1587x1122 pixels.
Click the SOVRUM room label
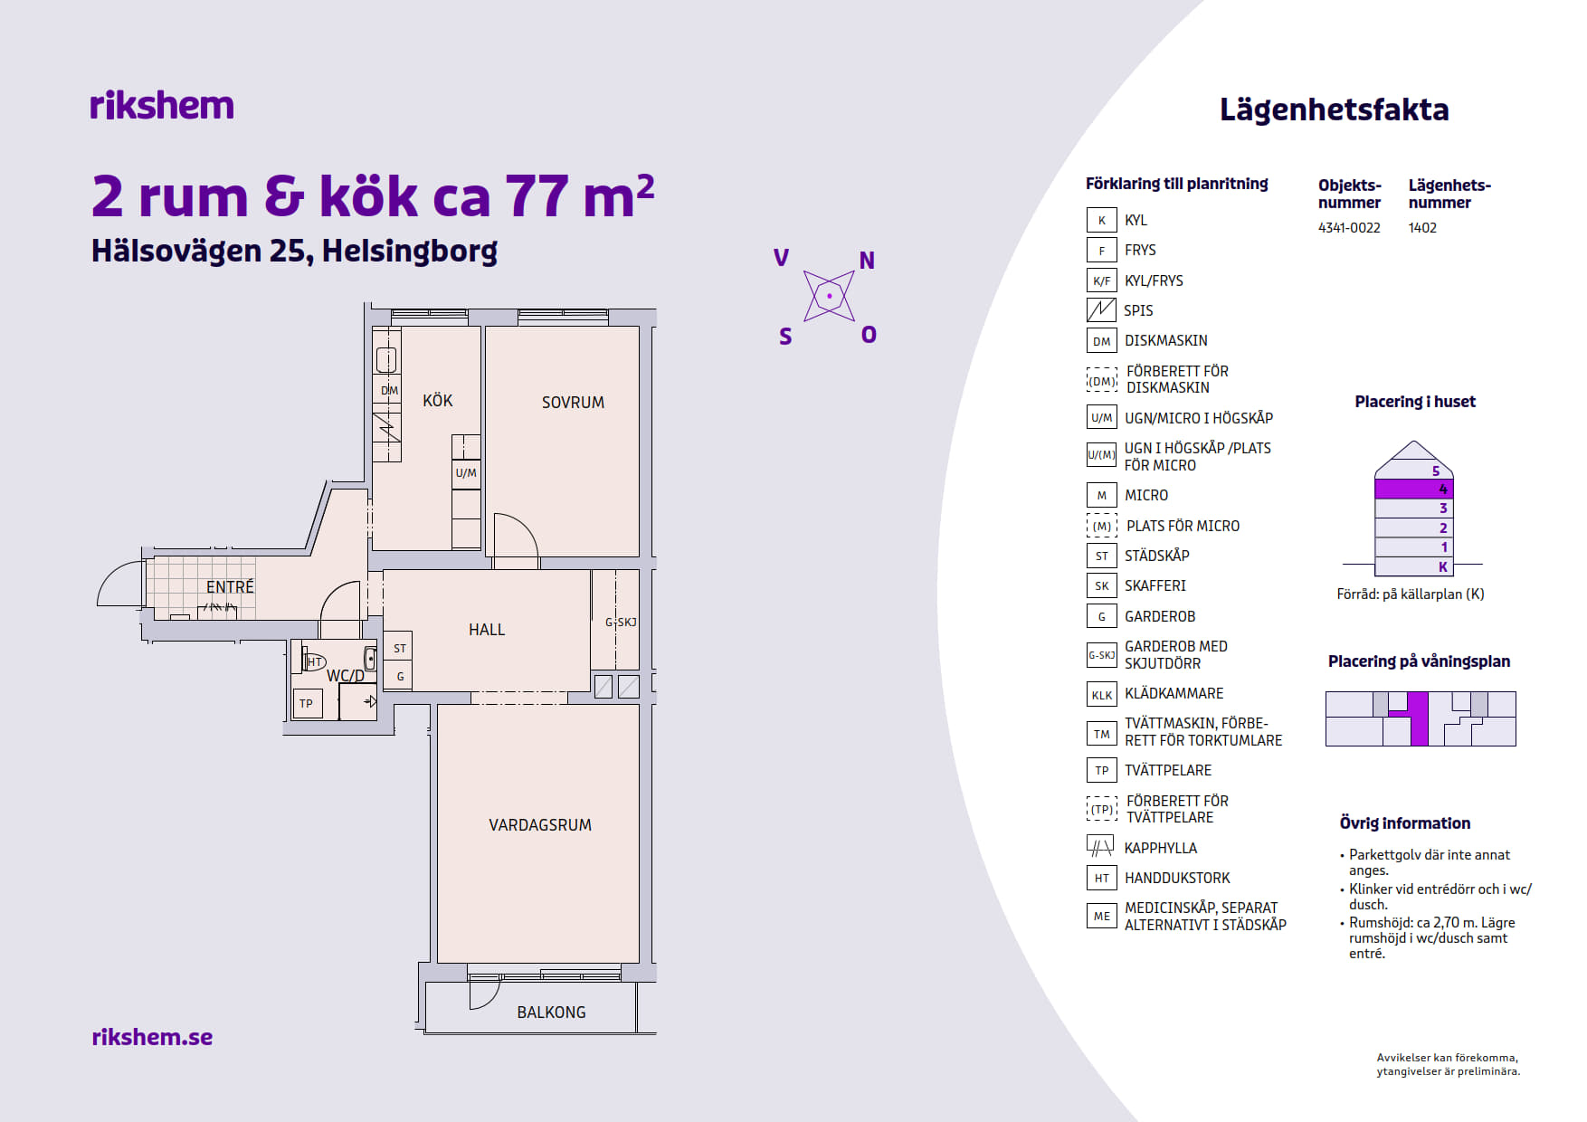573,403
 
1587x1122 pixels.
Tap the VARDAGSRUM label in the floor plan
540,825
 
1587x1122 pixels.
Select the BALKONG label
551,1013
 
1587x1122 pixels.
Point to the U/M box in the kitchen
466,473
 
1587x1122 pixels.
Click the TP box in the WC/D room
307,703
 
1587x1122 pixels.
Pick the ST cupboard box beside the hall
399,648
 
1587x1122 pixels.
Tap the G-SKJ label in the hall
621,622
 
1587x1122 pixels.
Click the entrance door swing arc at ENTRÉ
113,579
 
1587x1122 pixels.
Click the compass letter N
867,261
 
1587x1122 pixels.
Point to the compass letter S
785,338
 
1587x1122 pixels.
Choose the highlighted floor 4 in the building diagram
1414,489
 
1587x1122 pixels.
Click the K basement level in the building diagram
1414,567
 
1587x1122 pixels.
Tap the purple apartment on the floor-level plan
1418,718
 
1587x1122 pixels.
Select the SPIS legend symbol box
1101,310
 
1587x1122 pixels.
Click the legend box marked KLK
1101,694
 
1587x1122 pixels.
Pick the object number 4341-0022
1349,228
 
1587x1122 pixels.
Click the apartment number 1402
1422,228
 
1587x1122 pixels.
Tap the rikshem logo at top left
162,105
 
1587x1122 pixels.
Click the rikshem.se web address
152,1037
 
